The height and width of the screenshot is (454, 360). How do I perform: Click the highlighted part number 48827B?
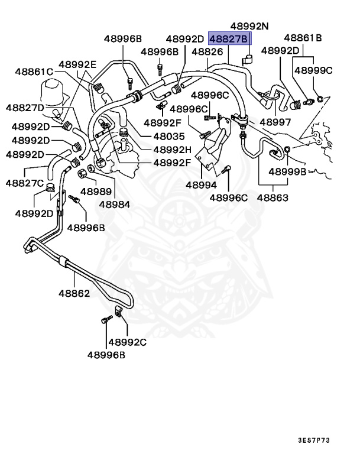[x=229, y=39]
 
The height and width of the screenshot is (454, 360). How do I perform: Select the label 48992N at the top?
[x=250, y=27]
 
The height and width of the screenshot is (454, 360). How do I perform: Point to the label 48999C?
[x=313, y=70]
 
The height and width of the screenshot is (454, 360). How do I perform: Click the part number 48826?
[x=206, y=51]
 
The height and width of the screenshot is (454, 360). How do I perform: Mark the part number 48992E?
[x=77, y=64]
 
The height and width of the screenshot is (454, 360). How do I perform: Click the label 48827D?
[x=25, y=107]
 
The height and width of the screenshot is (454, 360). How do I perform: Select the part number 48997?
[x=275, y=122]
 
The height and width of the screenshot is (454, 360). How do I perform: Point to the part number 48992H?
[x=173, y=150]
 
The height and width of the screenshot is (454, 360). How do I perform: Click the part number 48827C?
[x=25, y=183]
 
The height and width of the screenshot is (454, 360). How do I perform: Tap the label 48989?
[x=96, y=192]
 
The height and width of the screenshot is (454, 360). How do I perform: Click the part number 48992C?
[x=127, y=342]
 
